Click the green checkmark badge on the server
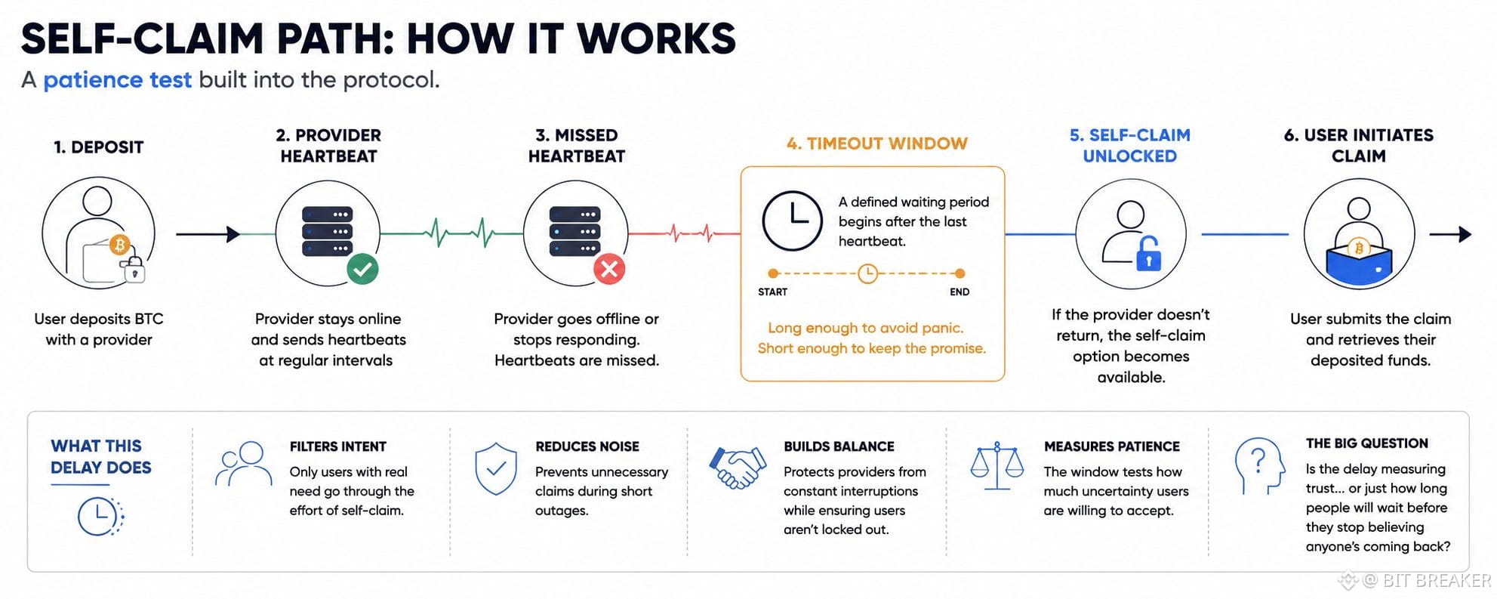[x=362, y=269]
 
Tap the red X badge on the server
[x=609, y=269]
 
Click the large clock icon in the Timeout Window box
[x=792, y=221]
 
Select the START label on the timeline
[x=772, y=292]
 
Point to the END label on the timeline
[x=959, y=292]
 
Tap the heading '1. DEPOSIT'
[x=98, y=147]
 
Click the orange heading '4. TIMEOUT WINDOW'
[x=876, y=144]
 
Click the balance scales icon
[x=996, y=466]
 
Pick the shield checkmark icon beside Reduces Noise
[x=496, y=468]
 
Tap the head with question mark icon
[x=1259, y=465]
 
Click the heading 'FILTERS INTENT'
[x=337, y=446]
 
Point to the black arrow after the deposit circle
[x=208, y=234]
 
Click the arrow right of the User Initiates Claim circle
[x=1450, y=234]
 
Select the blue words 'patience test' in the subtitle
[x=117, y=79]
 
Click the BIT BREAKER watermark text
[x=1437, y=580]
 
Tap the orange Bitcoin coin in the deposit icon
[x=119, y=245]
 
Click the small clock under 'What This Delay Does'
[x=100, y=517]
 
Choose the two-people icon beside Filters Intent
[x=243, y=463]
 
